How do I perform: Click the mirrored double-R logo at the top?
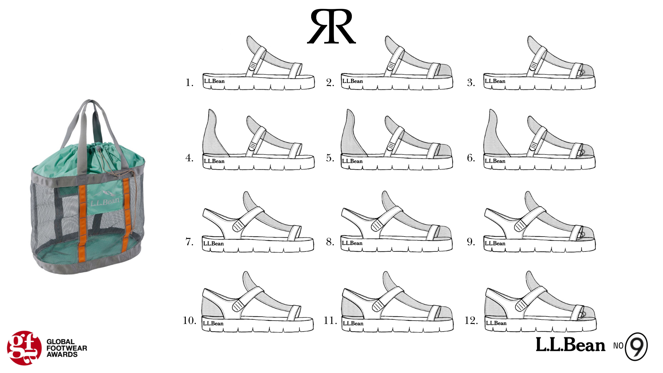331,27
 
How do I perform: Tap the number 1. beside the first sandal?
189,83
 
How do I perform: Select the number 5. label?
330,158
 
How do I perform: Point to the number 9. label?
471,242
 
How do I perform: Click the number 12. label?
471,321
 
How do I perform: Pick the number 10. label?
189,321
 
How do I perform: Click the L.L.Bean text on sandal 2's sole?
353,81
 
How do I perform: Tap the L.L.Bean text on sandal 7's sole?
213,243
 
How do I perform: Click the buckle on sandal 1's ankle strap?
253,66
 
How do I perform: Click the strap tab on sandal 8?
377,226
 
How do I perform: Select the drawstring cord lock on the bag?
99,149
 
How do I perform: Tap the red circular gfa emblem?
24,348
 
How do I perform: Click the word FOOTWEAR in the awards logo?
67,348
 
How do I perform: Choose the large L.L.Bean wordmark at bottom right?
570,345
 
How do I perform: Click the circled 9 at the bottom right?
636,346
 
